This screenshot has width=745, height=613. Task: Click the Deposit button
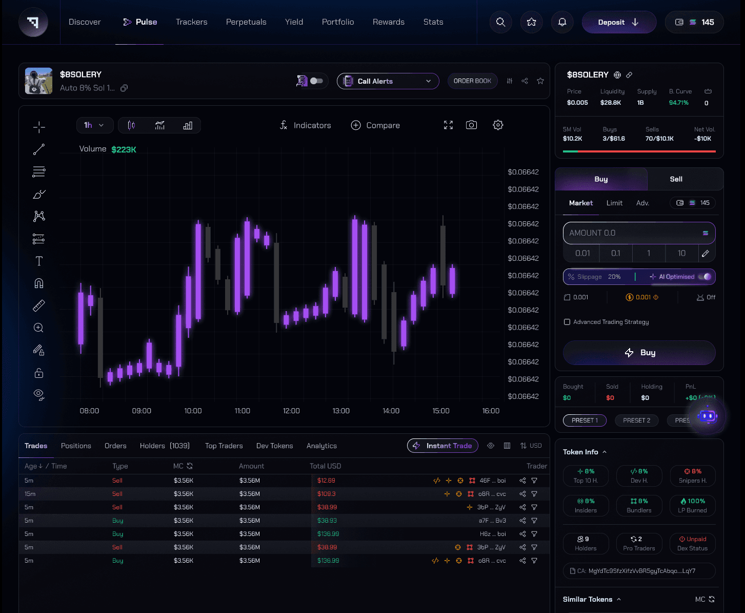[618, 22]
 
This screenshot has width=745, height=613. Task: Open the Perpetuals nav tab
[246, 22]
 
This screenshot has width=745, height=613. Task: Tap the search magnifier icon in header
[500, 22]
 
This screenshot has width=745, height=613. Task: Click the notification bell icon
[562, 22]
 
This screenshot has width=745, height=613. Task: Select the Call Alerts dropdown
[388, 81]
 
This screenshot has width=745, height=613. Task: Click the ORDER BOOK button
[472, 81]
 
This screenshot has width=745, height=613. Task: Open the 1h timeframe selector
[94, 125]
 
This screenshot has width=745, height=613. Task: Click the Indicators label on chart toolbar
[312, 125]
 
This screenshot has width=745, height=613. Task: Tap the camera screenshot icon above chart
[471, 125]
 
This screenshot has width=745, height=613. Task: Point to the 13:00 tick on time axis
[341, 411]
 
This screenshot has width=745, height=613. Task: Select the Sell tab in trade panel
[676, 179]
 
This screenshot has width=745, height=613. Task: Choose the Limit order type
[614, 203]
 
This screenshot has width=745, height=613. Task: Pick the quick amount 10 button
[681, 253]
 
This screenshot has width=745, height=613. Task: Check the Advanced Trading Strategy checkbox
[567, 322]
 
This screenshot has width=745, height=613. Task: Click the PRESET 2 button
[636, 420]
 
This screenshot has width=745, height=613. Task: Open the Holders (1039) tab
[165, 446]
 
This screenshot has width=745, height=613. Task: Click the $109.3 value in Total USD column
[326, 494]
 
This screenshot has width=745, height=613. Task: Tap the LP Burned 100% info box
[692, 505]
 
